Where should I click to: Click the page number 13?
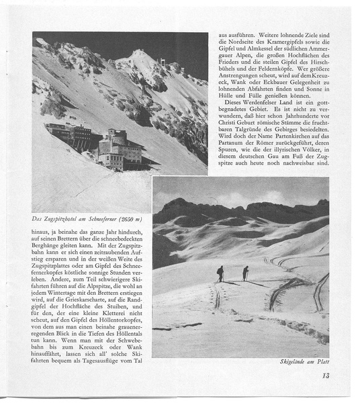(x=324, y=376)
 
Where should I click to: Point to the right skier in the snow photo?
(x=245, y=273)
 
